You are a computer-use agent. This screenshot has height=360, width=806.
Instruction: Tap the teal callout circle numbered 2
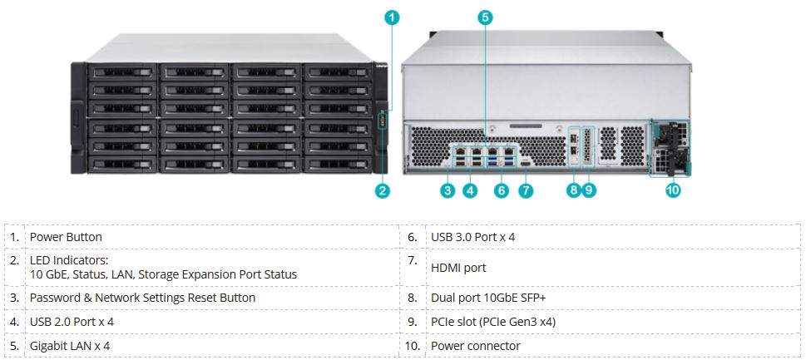(383, 190)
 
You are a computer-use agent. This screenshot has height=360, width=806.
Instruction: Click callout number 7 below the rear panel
(526, 190)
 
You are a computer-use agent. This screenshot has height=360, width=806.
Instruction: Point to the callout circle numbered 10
(673, 190)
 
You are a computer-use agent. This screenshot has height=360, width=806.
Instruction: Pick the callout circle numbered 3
(448, 190)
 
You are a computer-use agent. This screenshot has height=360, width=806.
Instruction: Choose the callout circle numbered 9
(589, 190)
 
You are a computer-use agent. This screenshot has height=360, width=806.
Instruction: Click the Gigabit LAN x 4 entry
(70, 346)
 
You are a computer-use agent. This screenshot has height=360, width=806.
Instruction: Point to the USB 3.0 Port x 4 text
(472, 237)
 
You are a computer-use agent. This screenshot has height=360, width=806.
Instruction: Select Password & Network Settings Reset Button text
(142, 298)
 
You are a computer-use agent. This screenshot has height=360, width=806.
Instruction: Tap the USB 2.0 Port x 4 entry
(71, 322)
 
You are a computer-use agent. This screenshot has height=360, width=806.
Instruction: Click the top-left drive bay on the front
(119, 72)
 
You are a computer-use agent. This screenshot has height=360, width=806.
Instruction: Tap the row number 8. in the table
(413, 298)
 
